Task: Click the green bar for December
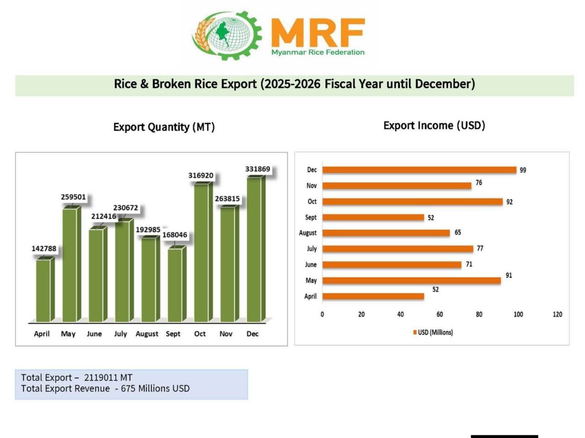[x=255, y=249]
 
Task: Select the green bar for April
[x=43, y=290]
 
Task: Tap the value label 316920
[x=201, y=176]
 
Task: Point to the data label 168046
[x=175, y=235]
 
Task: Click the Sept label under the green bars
[x=173, y=334]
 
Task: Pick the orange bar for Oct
[x=412, y=202]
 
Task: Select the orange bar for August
[x=386, y=233]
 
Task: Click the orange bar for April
[x=373, y=297]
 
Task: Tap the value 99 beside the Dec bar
[x=523, y=170]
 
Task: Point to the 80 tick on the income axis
[x=479, y=314]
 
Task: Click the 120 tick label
[x=557, y=314]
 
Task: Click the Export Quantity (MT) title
[x=164, y=127]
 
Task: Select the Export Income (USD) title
[x=434, y=125]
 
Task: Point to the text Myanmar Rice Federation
[x=318, y=52]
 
